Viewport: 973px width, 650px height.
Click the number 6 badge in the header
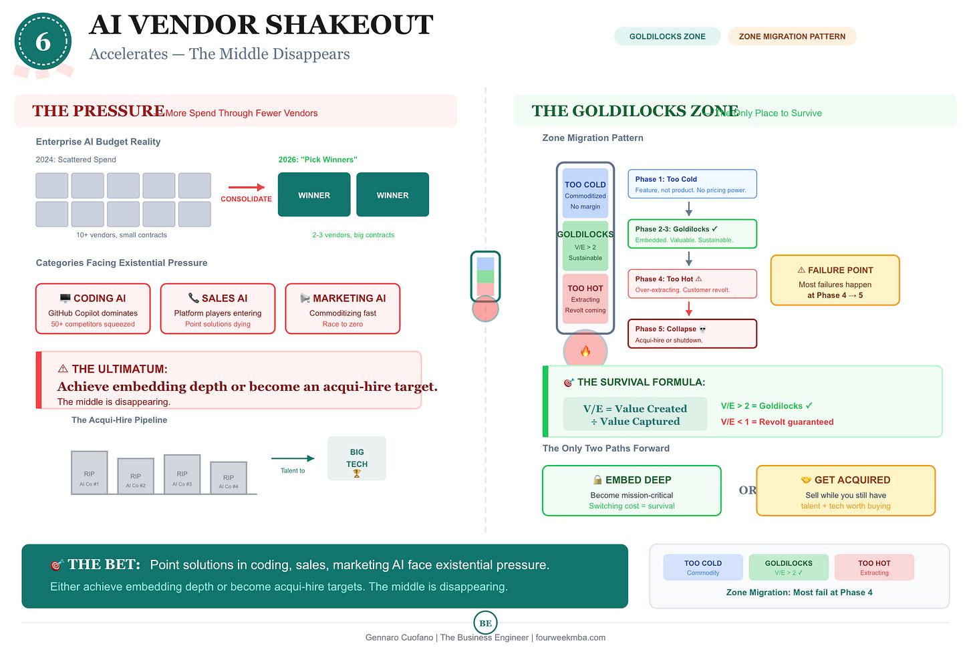click(43, 41)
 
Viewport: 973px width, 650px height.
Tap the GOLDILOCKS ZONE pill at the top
click(667, 36)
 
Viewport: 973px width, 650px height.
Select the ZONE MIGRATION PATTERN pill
click(791, 36)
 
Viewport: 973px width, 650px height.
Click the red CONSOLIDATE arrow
click(246, 188)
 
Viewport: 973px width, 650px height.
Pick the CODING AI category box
click(93, 309)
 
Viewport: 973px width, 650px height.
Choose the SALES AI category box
click(217, 309)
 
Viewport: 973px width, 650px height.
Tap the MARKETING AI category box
click(342, 309)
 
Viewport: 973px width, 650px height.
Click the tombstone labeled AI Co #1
click(89, 473)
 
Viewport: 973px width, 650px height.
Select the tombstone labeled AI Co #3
click(182, 474)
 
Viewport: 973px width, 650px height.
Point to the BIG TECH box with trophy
click(357, 459)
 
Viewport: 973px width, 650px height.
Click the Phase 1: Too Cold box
click(692, 184)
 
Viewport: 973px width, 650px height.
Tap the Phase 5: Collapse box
click(692, 334)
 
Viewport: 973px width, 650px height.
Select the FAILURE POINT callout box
click(835, 281)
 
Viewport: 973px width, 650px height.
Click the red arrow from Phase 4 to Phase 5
click(689, 309)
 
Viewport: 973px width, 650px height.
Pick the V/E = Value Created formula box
click(635, 415)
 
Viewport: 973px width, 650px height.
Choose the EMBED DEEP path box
click(632, 491)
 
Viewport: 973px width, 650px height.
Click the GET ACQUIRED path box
click(845, 491)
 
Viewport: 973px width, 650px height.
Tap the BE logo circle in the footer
click(485, 623)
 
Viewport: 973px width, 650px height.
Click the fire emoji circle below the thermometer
click(585, 351)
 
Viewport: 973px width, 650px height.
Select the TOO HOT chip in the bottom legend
click(873, 567)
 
